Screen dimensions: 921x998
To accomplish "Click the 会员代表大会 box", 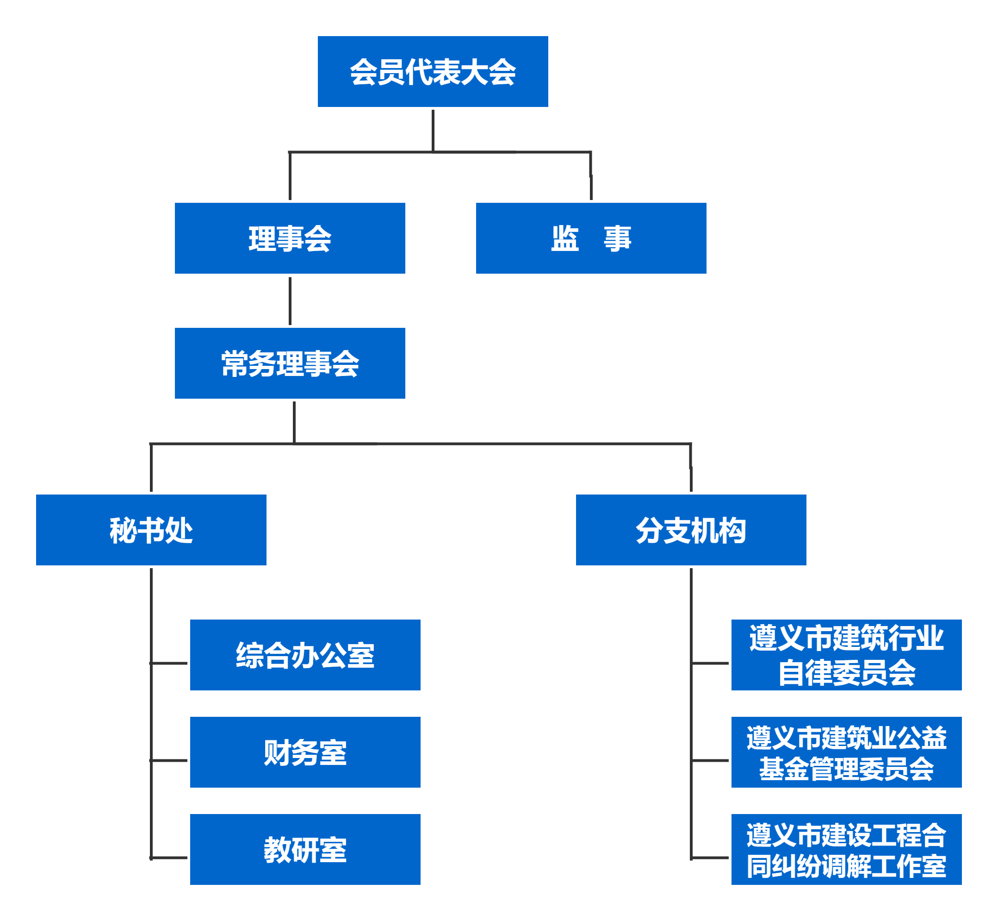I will click(x=432, y=71).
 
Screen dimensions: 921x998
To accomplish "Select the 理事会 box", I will click(x=289, y=238).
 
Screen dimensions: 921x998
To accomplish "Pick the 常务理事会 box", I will click(x=289, y=363).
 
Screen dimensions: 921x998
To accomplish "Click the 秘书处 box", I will click(x=151, y=529).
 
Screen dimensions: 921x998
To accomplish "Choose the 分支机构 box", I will click(x=690, y=529).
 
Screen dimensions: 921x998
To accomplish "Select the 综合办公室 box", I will click(x=305, y=654).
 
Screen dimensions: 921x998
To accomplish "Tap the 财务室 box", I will click(x=305, y=752).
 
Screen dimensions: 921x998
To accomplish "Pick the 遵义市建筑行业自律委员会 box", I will click(x=846, y=654).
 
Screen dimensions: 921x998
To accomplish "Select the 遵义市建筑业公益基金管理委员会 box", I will click(x=846, y=752).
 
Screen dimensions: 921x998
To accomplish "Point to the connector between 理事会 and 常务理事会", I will click(x=290, y=301).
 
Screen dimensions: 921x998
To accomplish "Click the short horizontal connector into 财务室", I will click(x=169, y=760).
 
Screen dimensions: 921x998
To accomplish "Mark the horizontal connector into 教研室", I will click(x=169, y=858).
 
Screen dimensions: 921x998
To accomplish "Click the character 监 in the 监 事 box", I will click(x=564, y=238).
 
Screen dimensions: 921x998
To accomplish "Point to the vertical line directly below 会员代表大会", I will click(x=432, y=130).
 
